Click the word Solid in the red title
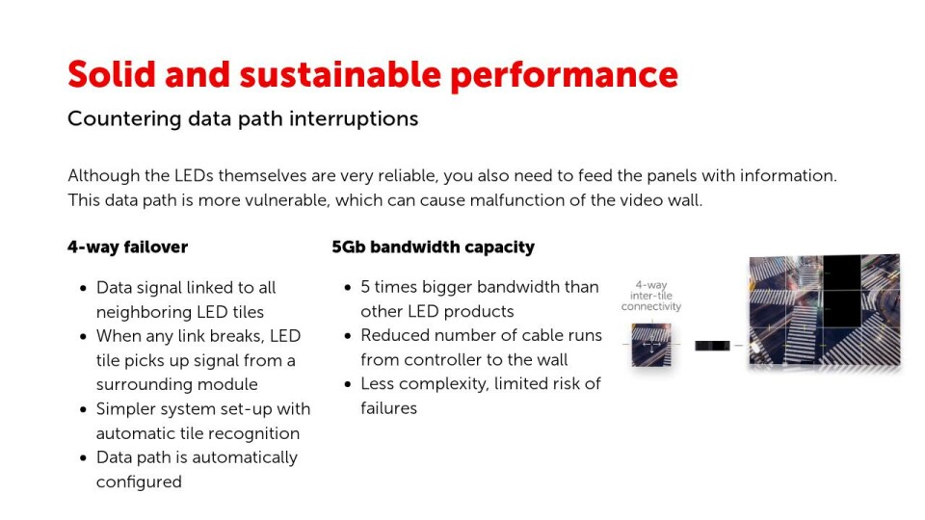tap(112, 74)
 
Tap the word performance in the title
tap(564, 77)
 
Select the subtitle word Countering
tap(124, 119)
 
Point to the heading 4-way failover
tap(127, 247)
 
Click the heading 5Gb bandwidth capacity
tap(433, 247)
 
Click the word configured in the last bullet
tap(139, 482)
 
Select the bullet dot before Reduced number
tap(348, 336)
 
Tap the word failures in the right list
tap(388, 408)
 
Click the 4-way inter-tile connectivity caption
tap(651, 296)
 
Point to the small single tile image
tap(651, 345)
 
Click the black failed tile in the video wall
tap(842, 291)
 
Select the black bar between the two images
tap(712, 346)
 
